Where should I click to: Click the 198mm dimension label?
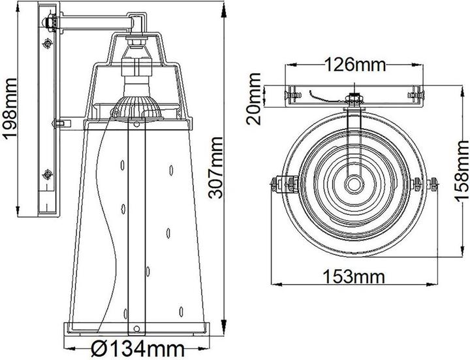[10, 108]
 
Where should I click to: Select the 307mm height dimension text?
[216, 167]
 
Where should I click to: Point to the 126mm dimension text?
[356, 65]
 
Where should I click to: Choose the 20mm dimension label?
[254, 99]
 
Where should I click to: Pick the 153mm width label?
[354, 276]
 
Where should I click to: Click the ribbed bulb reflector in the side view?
[136, 107]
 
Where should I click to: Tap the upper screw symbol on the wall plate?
[48, 44]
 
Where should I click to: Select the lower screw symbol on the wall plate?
[48, 174]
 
